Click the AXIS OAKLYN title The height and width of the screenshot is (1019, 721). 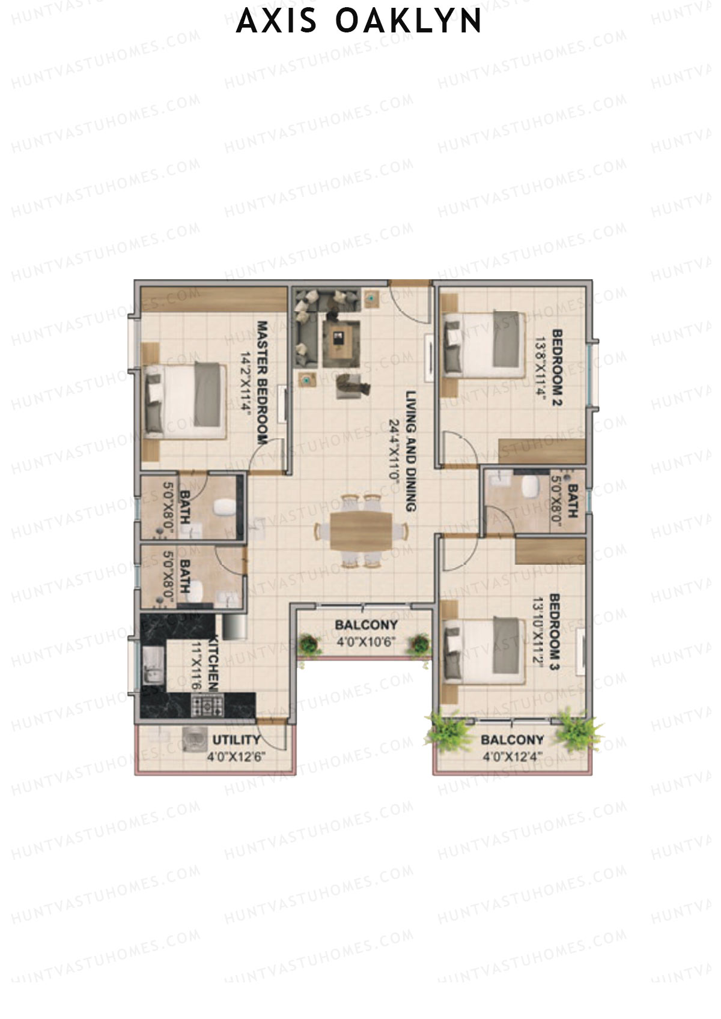coord(359,22)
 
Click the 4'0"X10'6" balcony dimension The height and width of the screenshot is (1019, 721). coord(365,642)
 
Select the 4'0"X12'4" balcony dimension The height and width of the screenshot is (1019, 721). coord(513,757)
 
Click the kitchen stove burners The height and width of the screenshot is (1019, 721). coord(207,704)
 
